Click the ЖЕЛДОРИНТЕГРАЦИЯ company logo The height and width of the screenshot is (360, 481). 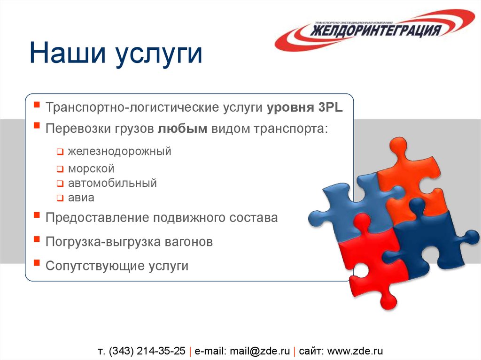coord(375,31)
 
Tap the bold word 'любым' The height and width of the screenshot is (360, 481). coord(182,129)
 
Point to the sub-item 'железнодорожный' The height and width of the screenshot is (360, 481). coord(119,152)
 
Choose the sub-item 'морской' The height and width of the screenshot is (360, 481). coord(91,169)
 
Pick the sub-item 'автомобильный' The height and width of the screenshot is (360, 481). coord(112,183)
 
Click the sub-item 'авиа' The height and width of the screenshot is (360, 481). coord(81,198)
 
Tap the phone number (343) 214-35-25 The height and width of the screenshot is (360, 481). coord(147,351)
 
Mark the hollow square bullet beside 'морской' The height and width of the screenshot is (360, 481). coord(60,169)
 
